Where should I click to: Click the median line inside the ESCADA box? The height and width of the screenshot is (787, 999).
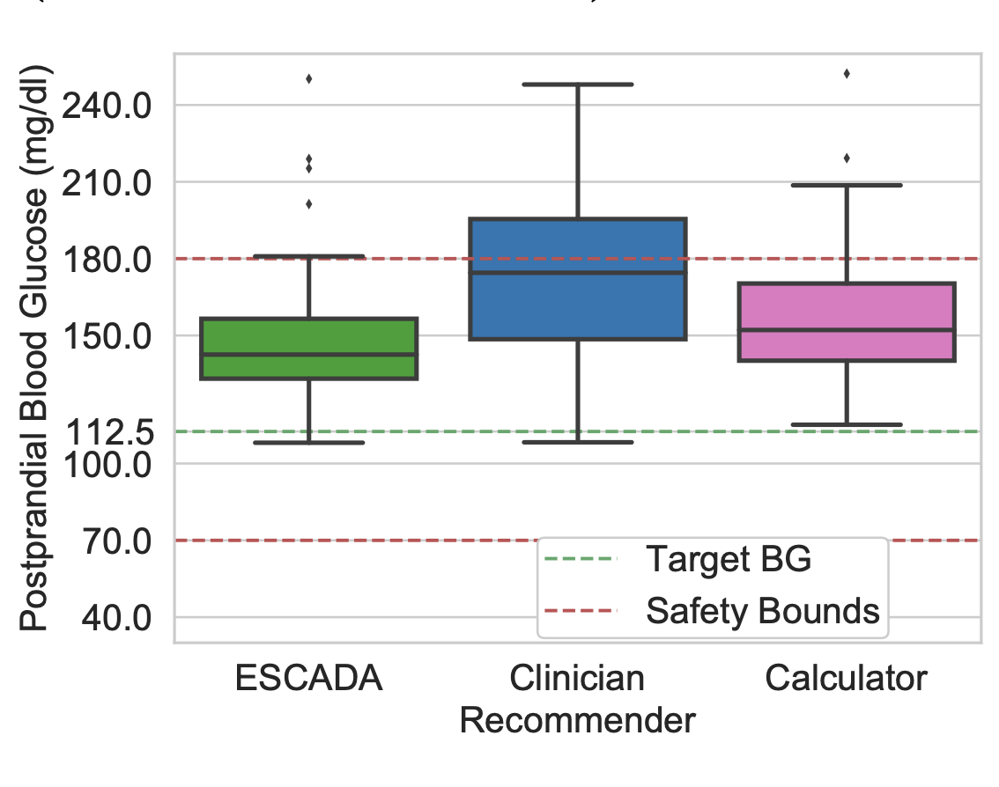coord(309,355)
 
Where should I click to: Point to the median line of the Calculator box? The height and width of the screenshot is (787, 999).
coord(847,330)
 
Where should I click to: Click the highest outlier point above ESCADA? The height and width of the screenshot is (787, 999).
coord(309,78)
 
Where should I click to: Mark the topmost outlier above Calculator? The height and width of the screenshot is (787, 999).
coord(847,73)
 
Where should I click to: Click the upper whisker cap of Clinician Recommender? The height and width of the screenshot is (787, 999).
coord(578,85)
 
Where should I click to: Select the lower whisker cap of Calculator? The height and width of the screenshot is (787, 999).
coord(847,424)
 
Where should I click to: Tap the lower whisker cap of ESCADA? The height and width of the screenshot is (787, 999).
coord(309,442)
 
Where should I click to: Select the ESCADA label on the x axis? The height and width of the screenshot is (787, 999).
coord(309,679)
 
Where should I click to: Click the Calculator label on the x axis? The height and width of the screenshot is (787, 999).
coord(847,679)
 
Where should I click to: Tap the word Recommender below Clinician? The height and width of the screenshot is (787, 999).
coord(578,721)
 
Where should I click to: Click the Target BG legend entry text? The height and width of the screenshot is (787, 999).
coord(728,559)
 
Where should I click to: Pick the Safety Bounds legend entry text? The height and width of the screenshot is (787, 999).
coord(763,610)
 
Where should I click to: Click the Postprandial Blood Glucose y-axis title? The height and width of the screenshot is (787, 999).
coord(36,348)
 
